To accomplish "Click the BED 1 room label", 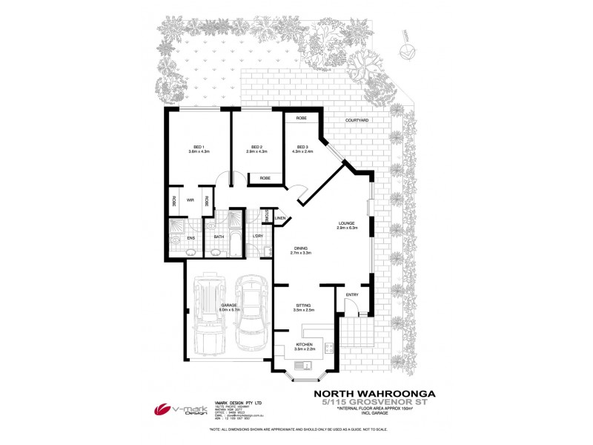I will click(x=199, y=146).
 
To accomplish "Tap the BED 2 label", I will click(x=257, y=146).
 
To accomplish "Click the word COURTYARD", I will click(x=356, y=120).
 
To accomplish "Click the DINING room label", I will click(x=300, y=248).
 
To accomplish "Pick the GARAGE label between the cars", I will click(x=229, y=306).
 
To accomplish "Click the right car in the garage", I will click(x=250, y=314).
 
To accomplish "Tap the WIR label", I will click(x=191, y=200).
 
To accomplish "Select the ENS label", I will click(x=191, y=237).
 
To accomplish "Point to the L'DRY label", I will click(x=258, y=237).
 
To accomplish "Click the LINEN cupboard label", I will click(x=280, y=219).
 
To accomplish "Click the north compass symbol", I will click(x=405, y=51).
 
